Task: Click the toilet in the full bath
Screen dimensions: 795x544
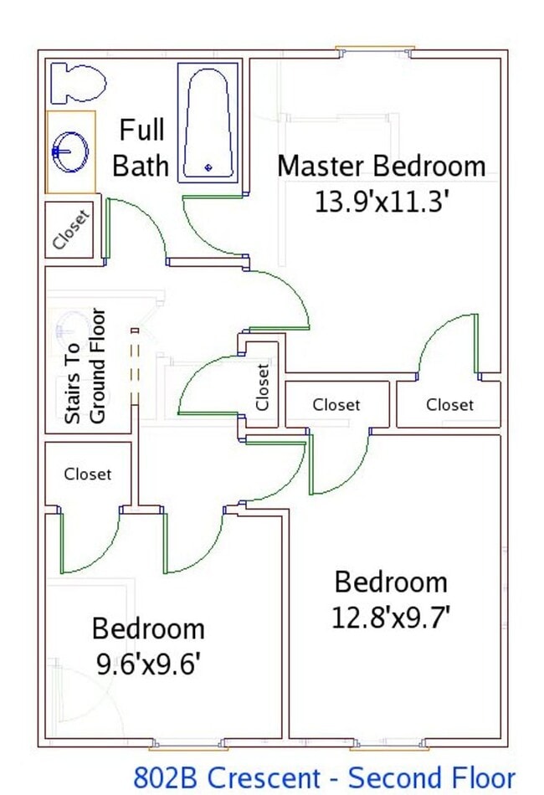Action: pos(78,83)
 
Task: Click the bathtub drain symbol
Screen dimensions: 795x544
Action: pos(208,167)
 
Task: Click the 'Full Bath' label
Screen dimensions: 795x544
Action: pos(141,147)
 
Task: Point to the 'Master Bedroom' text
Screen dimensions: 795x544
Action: pos(381,166)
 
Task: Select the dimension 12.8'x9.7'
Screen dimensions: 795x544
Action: pos(391,618)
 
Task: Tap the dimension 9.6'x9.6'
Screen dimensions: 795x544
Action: pos(148,664)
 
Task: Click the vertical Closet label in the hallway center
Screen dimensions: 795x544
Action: pos(263,386)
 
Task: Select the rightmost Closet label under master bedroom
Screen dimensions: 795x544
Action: pos(449,405)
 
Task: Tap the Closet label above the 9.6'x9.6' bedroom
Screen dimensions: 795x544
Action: pos(87,474)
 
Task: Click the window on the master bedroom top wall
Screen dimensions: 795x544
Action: pos(374,49)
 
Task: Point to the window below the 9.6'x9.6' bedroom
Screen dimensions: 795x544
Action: pos(188,743)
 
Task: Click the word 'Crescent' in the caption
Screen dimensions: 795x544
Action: pos(268,777)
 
